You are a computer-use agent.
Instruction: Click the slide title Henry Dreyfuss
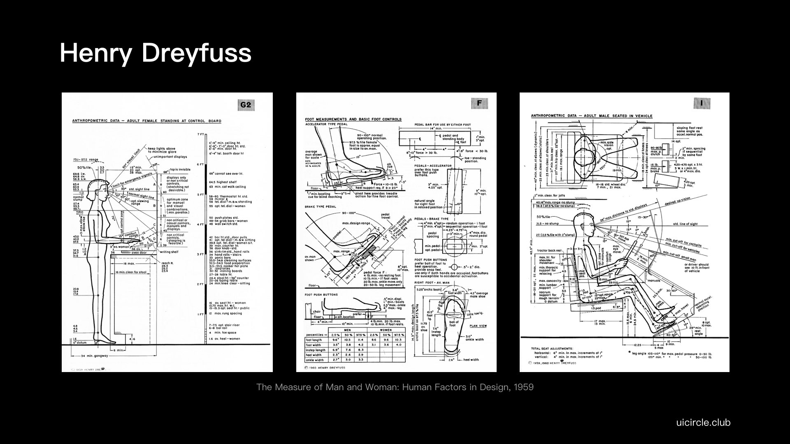click(155, 53)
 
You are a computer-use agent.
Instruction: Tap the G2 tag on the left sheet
click(245, 106)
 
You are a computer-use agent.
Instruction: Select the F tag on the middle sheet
click(479, 103)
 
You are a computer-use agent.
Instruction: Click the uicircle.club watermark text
click(703, 422)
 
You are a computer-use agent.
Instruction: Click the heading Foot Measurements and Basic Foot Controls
click(353, 119)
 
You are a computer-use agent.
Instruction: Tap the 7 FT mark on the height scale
click(200, 134)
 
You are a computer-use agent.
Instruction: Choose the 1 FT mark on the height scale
click(200, 314)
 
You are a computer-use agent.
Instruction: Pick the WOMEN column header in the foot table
click(386, 330)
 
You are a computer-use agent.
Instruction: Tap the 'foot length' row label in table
click(314, 340)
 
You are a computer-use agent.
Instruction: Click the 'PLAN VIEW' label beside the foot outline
click(478, 326)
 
